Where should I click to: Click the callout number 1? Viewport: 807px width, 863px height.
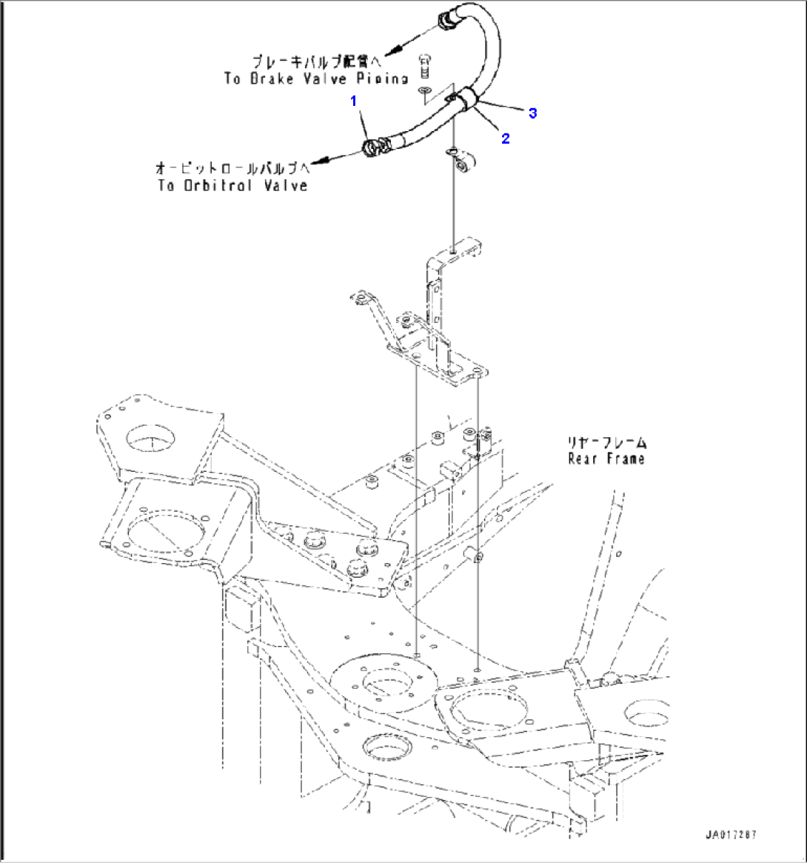click(355, 99)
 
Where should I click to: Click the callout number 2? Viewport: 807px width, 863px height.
click(506, 138)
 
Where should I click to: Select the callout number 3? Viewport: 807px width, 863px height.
click(532, 113)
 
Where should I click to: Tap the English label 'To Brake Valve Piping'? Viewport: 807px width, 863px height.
click(316, 79)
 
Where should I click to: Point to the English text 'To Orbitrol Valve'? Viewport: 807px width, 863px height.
click(232, 185)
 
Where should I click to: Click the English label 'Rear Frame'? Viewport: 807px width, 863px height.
click(606, 459)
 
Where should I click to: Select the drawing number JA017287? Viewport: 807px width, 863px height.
click(731, 835)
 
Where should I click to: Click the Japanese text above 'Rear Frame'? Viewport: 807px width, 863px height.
click(606, 443)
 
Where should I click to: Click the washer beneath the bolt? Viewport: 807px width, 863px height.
click(423, 90)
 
